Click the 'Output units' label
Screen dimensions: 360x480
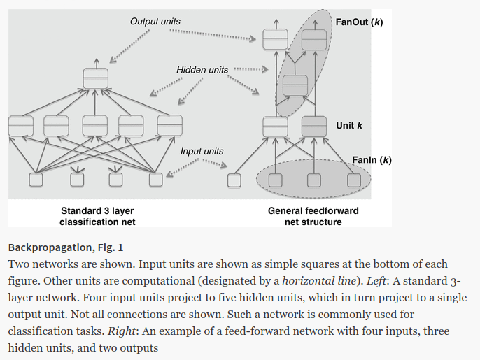click(x=155, y=22)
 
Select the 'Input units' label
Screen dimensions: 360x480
click(x=202, y=151)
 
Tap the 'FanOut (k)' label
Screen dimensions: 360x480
click(x=359, y=22)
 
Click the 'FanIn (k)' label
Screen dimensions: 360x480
click(x=372, y=160)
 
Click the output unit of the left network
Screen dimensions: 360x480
click(x=95, y=78)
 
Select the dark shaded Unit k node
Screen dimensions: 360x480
click(x=314, y=126)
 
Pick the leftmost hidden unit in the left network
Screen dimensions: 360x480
click(x=20, y=125)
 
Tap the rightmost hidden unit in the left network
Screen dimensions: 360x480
click(x=169, y=125)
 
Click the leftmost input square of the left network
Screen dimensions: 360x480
click(x=35, y=180)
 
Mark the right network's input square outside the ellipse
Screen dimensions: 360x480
click(x=234, y=180)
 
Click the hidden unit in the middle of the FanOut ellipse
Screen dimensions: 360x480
click(x=295, y=84)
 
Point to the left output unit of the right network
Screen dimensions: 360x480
click(x=275, y=41)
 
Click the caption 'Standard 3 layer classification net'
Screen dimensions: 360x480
click(x=97, y=216)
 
